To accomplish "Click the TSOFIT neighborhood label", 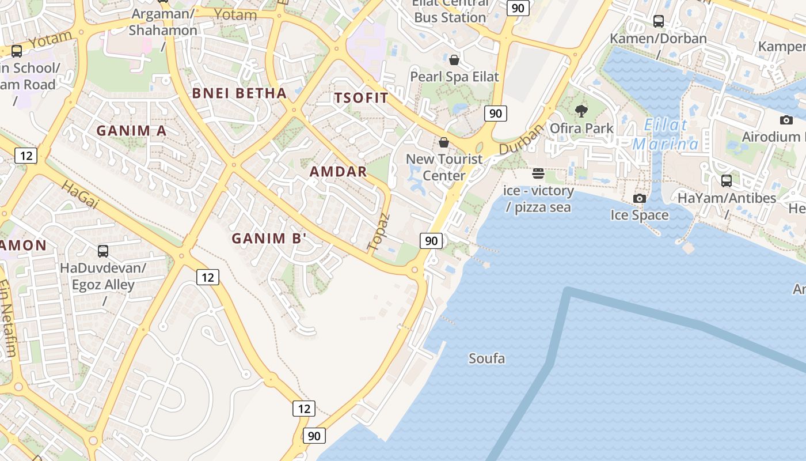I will (x=362, y=98).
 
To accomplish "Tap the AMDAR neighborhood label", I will (x=338, y=171).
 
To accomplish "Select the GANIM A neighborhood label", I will (x=131, y=131).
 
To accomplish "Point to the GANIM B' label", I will (x=269, y=238).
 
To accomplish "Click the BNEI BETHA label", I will (x=239, y=93).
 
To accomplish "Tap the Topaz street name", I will (x=378, y=232).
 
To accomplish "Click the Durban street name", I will (x=521, y=140).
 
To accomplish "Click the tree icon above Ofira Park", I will (x=581, y=111).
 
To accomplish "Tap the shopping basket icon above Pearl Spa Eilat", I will (x=454, y=59).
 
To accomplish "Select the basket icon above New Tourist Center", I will (x=444, y=142).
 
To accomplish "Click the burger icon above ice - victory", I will (x=538, y=173).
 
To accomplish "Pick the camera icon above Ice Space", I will (x=639, y=198).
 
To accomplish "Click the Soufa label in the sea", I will (x=486, y=358).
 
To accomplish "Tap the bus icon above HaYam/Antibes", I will (x=726, y=181).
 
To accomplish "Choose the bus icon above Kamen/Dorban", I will (x=659, y=21).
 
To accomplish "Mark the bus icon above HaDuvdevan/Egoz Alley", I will (x=103, y=251).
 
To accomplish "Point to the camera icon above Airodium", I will (x=786, y=120).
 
